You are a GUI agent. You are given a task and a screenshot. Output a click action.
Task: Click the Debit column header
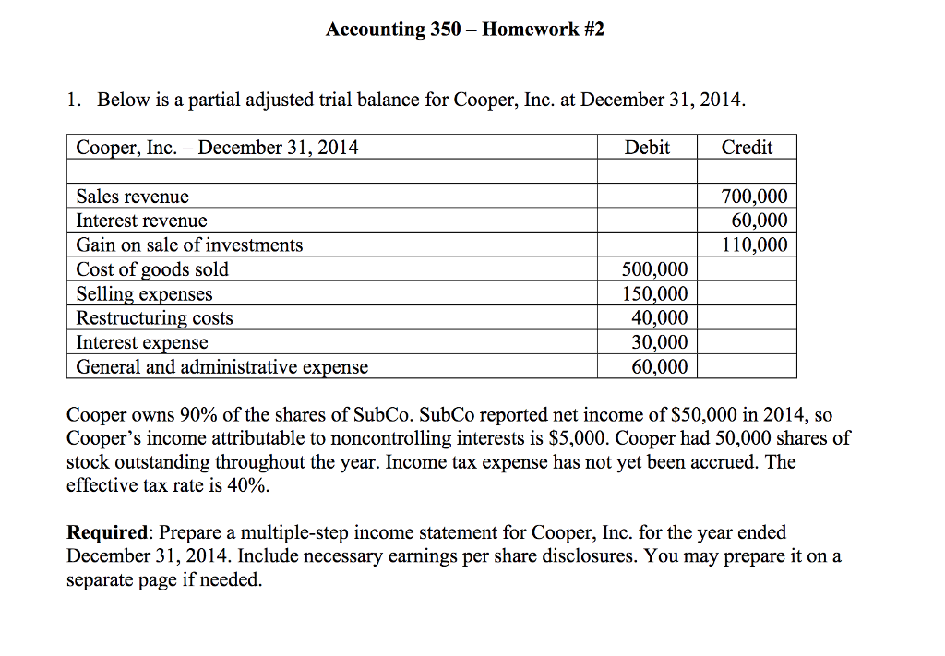point(647,148)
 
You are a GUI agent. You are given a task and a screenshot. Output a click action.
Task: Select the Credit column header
point(747,148)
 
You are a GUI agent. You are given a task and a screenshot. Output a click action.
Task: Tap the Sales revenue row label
point(132,197)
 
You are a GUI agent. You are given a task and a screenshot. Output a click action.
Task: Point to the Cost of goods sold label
point(152,269)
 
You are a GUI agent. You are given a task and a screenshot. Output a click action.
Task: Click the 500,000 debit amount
point(653,269)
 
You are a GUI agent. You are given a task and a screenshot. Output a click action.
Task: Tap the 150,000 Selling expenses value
point(653,294)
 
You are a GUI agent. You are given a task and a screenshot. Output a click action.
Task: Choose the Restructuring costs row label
point(154,318)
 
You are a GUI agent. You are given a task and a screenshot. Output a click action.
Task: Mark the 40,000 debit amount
point(659,318)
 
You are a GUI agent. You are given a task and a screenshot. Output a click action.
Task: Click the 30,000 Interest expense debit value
point(659,342)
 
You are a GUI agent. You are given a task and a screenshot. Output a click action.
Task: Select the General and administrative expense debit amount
point(659,367)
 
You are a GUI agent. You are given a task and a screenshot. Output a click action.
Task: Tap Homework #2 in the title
point(544,30)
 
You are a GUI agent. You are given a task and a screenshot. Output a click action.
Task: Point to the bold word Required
point(108,533)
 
